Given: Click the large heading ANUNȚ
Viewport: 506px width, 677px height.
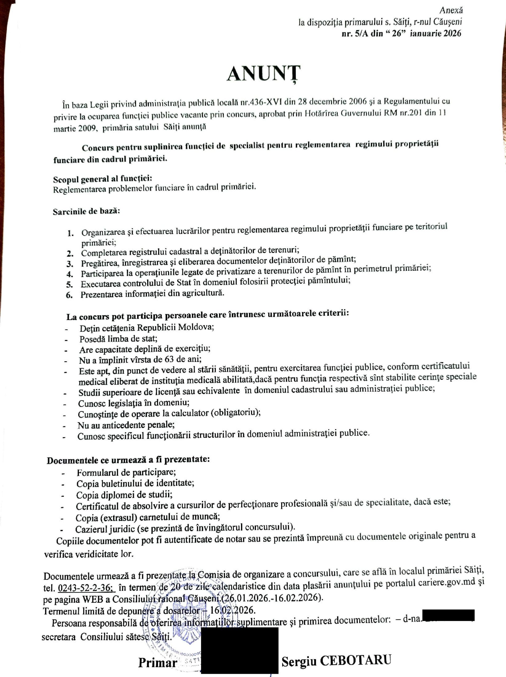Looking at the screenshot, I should [263, 74].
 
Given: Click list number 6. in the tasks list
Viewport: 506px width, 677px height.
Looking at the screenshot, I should [69, 295].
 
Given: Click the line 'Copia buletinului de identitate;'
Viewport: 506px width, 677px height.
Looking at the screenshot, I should [136, 483].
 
